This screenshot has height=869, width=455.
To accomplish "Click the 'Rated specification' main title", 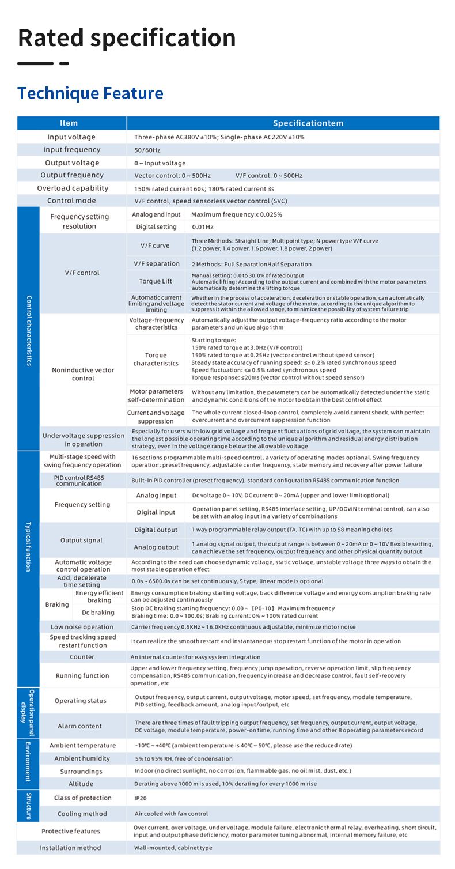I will (127, 38).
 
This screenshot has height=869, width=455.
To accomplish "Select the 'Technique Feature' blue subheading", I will (90, 93).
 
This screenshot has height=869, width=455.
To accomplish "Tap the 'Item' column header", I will (69, 123).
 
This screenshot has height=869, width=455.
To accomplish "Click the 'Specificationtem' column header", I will (308, 123).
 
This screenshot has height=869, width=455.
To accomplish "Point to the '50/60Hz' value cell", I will (147, 150).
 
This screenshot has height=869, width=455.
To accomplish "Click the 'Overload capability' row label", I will (73, 188).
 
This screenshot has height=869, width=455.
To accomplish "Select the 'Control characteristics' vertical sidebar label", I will (29, 330).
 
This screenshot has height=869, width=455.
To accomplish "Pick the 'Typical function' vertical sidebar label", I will (28, 546).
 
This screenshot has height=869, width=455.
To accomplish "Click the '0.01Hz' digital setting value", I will (203, 227).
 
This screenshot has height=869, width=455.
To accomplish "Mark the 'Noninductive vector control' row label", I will (83, 374).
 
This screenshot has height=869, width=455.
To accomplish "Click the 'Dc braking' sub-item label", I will (98, 613).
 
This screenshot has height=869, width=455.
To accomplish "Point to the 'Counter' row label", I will (82, 657).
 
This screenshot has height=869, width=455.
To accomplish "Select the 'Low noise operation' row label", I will (82, 627).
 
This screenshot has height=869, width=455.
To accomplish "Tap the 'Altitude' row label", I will (81, 784).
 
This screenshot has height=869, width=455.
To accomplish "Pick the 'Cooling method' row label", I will (82, 814).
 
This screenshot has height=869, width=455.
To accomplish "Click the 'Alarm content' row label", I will (79, 726).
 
